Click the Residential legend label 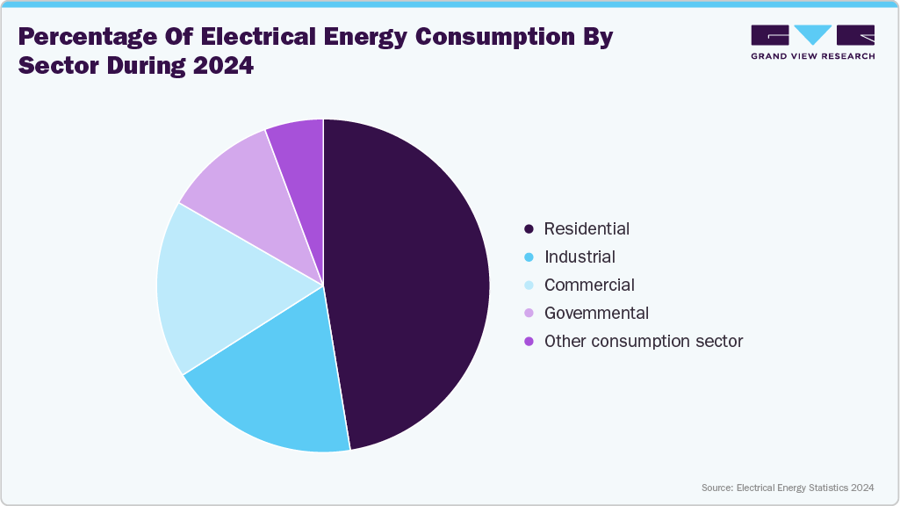click(x=587, y=228)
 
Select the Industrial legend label click(x=580, y=257)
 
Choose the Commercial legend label click(x=589, y=285)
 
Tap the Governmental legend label click(x=596, y=313)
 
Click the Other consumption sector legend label click(x=644, y=341)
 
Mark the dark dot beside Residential click(x=529, y=229)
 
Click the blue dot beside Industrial click(x=529, y=257)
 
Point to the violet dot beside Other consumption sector click(x=529, y=342)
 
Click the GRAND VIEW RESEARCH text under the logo click(x=812, y=56)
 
